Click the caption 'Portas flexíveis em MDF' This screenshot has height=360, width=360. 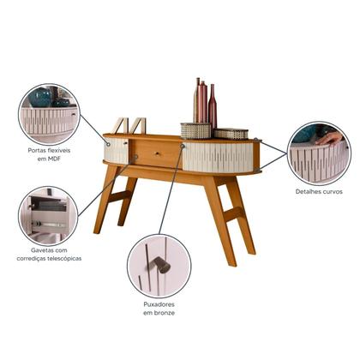click(49, 154)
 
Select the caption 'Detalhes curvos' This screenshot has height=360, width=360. click(319, 191)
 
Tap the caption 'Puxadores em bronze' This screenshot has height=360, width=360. click(159, 309)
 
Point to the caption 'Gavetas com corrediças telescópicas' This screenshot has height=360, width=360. click(49, 255)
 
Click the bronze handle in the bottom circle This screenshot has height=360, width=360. click(160, 265)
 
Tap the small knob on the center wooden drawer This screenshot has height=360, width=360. click(157, 153)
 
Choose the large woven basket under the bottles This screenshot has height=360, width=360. click(196, 131)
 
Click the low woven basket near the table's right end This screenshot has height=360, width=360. click(231, 134)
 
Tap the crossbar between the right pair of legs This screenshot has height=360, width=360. click(233, 213)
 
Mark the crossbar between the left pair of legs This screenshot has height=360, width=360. click(120, 196)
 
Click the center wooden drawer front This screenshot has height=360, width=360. click(156, 153)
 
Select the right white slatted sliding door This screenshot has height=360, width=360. click(218, 158)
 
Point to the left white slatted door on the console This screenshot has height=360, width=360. click(117, 151)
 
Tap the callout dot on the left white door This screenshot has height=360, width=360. click(108, 144)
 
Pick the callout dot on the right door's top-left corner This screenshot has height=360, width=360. click(183, 146)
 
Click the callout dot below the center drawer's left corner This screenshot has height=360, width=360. click(135, 157)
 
